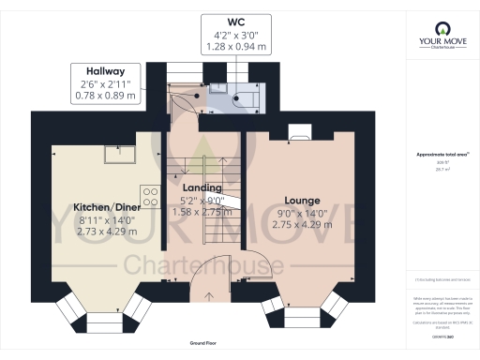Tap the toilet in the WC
[x=247, y=96]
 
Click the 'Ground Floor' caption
[x=202, y=345]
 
